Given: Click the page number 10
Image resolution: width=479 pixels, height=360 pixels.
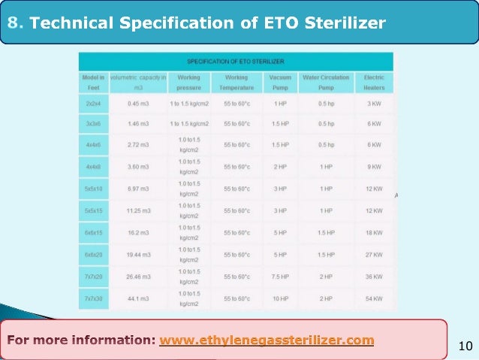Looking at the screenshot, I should [x=464, y=346].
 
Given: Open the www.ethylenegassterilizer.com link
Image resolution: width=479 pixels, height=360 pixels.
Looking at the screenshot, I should [x=267, y=340].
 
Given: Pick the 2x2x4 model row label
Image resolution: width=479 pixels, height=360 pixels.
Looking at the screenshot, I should [x=94, y=103].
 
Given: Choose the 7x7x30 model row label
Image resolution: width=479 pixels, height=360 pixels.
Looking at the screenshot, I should [x=94, y=299].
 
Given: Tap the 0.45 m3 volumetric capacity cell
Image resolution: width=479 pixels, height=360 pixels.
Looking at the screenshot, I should [x=138, y=103].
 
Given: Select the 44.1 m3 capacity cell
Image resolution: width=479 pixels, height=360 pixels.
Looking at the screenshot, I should [x=138, y=299].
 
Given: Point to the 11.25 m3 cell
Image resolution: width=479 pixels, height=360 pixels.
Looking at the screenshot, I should [x=138, y=211].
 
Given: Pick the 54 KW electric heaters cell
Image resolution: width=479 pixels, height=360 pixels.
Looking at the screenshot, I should [x=374, y=299].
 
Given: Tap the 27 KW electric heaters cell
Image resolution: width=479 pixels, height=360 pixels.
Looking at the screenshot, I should [x=374, y=255].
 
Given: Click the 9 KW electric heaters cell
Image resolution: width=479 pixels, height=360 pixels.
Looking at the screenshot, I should [x=374, y=166].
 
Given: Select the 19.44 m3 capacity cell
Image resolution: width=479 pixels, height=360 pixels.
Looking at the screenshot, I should [x=138, y=255].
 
